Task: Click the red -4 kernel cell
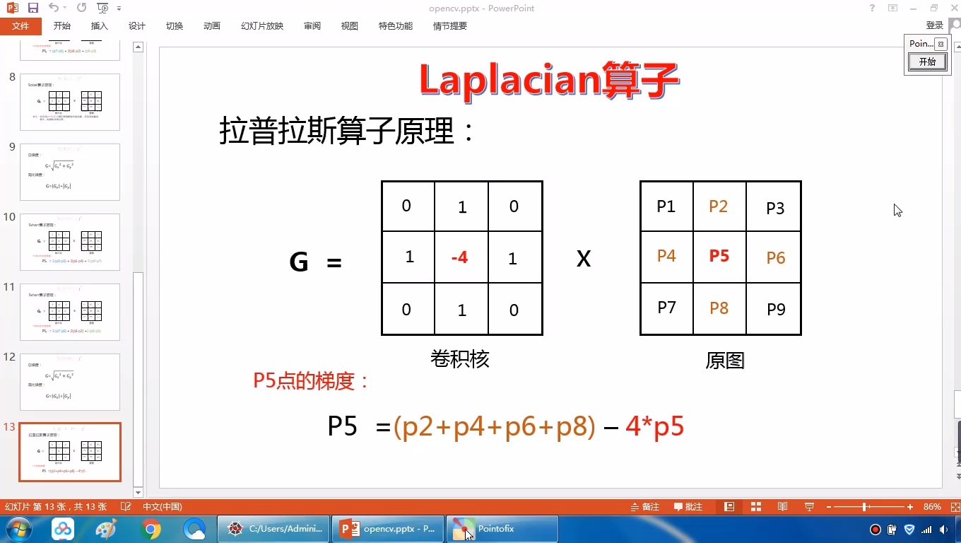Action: (460, 257)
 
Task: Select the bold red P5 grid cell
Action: (719, 256)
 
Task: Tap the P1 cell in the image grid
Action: (666, 206)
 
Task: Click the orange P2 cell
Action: (719, 206)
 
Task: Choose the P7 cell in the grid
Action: (667, 308)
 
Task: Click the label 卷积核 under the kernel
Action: (460, 359)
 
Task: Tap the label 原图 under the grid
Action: (725, 361)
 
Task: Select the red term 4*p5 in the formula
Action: (655, 427)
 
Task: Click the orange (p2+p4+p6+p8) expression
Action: (495, 427)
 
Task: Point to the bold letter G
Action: (299, 262)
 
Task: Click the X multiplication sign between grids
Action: (584, 259)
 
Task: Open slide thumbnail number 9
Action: (70, 172)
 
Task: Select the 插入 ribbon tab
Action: (100, 26)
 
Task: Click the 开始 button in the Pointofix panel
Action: (927, 62)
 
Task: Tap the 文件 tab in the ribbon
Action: (20, 26)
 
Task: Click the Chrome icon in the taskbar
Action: (151, 529)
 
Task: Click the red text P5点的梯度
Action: (311, 381)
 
